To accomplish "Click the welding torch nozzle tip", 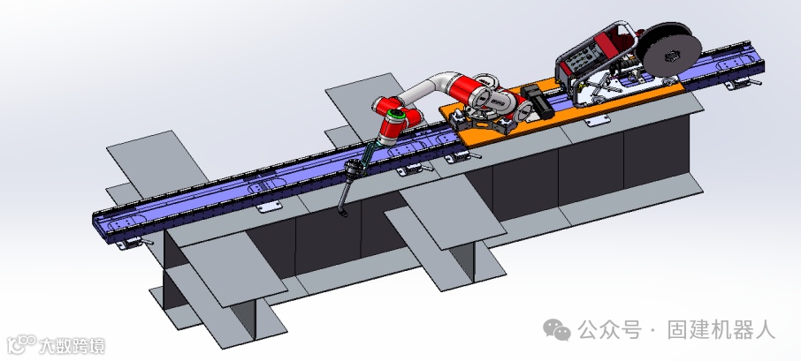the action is point(343,214).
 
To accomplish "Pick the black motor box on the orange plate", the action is point(537,101).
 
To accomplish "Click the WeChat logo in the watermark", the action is point(557,330).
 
